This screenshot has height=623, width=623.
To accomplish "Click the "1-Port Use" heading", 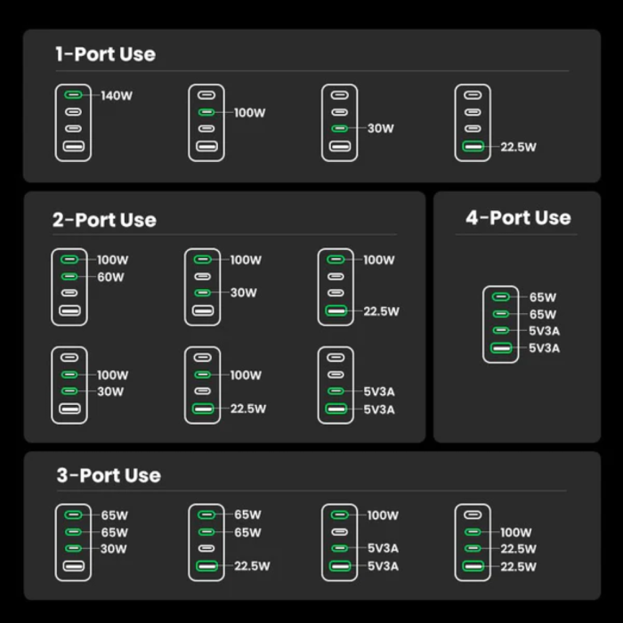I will (105, 54).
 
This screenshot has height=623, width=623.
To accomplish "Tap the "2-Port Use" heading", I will (104, 220).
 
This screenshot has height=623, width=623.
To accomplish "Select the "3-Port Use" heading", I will (109, 475).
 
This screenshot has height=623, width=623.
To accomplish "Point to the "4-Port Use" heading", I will (518, 218).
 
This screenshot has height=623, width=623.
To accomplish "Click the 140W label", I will (117, 95).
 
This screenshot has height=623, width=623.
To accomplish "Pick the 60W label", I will (110, 277).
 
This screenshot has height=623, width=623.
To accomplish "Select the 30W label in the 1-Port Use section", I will (380, 128).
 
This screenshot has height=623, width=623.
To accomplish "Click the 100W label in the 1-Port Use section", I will (250, 113).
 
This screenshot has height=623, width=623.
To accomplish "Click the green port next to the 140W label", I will (73, 95).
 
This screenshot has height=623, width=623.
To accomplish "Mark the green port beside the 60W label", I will (69, 277).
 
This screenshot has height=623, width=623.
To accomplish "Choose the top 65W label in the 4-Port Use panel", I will (543, 297).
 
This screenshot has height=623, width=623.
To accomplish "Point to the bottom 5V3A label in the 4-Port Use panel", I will (545, 348).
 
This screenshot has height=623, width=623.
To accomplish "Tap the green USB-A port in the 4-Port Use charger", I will (502, 348).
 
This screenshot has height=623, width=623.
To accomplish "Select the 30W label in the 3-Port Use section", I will (114, 549).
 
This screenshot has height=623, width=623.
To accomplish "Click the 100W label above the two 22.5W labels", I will (516, 532).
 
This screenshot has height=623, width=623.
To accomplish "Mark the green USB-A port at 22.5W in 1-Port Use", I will (473, 147).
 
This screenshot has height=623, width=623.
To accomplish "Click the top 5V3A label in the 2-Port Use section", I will (379, 392).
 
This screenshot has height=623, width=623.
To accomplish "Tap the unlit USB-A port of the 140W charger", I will (73, 147).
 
